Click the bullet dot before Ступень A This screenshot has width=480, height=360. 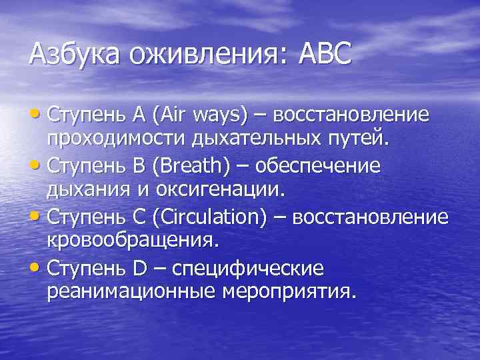[x=37, y=114]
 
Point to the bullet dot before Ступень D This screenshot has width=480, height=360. [x=37, y=269]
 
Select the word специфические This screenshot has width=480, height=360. [x=248, y=269]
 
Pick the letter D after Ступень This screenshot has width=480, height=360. [x=140, y=269]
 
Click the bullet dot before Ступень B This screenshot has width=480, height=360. [x=37, y=165]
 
